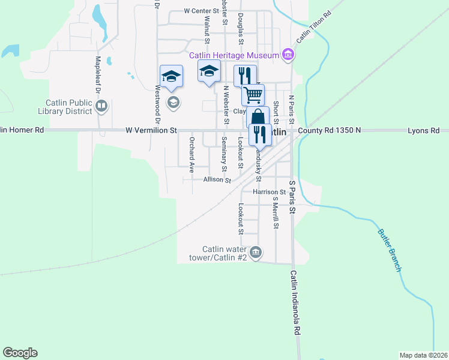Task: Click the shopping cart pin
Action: [253, 94]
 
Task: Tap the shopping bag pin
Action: [258, 116]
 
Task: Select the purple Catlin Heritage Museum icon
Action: [289, 56]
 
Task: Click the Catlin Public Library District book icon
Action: [101, 107]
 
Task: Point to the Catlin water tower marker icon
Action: [256, 251]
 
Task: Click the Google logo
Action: [20, 353]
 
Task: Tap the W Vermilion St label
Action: [151, 130]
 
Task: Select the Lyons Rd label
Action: [423, 130]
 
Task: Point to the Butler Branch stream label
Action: [390, 250]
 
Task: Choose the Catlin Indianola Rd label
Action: [295, 302]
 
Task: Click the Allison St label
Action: [217, 179]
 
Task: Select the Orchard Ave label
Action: [192, 155]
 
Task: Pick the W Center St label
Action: [202, 11]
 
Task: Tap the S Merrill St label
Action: [276, 213]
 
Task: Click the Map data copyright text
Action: [423, 355]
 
